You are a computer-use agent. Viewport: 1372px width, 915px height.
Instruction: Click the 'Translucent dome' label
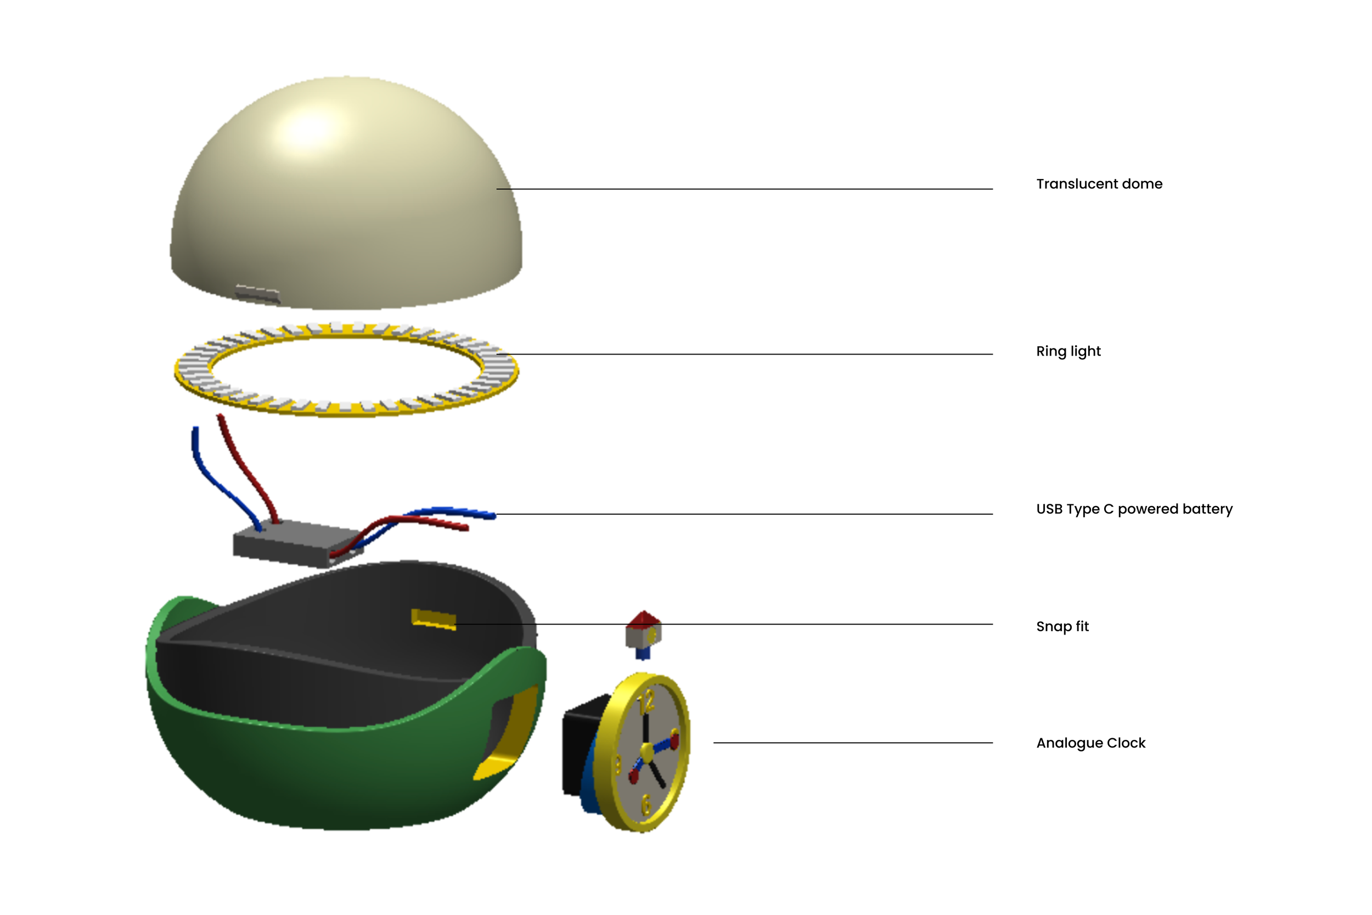click(1099, 184)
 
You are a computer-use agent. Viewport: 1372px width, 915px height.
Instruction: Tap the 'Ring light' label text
click(1068, 351)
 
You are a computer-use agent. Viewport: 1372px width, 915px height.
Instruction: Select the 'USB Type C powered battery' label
click(1134, 509)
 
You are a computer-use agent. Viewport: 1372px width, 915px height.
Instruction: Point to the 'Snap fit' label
click(1062, 626)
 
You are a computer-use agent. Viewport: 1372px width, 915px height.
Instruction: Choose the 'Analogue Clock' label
click(1090, 743)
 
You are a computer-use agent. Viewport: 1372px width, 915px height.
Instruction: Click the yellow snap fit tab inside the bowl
click(434, 619)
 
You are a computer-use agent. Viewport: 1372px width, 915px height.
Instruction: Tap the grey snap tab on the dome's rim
click(257, 294)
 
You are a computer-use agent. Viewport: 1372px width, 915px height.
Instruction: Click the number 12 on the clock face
click(646, 701)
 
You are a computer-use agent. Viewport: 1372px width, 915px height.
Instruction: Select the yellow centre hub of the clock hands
click(647, 750)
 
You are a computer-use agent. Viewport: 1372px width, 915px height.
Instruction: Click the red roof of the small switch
click(643, 619)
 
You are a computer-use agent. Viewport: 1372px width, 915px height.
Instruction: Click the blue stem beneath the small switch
click(642, 653)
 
